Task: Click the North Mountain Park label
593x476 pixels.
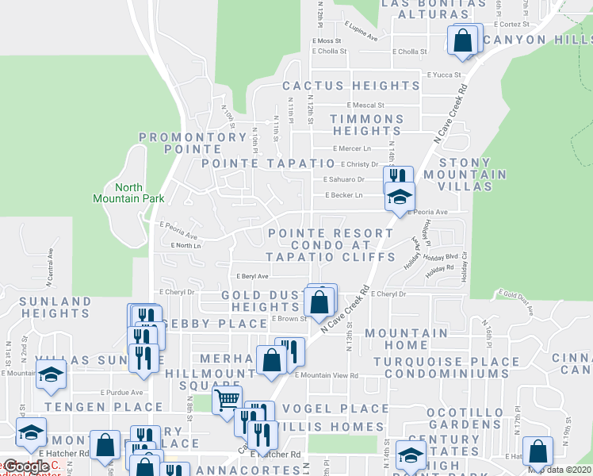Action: click(x=117, y=193)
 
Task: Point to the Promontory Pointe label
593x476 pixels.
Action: click(x=193, y=143)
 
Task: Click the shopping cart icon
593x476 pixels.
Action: click(x=227, y=400)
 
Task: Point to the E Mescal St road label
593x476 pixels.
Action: click(x=365, y=105)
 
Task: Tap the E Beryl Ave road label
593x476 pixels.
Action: click(x=252, y=276)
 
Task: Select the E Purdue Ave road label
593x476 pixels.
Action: click(x=121, y=392)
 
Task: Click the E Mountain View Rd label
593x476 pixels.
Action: click(x=327, y=375)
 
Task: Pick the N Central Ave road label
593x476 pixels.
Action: click(x=50, y=266)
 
